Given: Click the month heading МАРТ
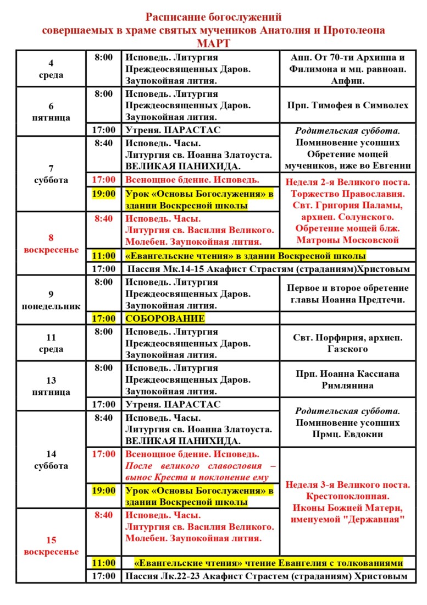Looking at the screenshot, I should [x=214, y=43].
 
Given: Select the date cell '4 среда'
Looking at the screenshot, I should [x=51, y=69].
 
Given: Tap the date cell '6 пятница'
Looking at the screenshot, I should [x=51, y=112].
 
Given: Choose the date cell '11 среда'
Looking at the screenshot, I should [x=51, y=343].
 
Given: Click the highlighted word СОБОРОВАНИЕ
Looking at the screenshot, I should [x=165, y=318].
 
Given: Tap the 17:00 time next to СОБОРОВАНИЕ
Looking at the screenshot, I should [x=103, y=318].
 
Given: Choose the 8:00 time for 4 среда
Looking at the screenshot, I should [x=103, y=57].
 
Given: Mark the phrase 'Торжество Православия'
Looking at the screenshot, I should [x=347, y=194].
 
